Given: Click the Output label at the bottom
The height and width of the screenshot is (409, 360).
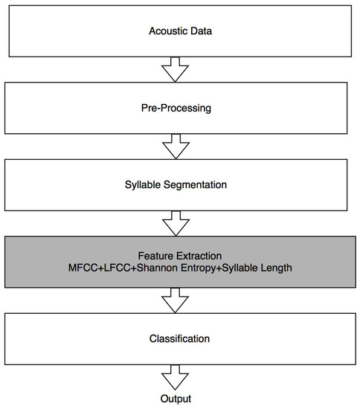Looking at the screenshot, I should [176, 399].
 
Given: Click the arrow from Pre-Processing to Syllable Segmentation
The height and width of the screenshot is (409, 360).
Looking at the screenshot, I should [176, 146].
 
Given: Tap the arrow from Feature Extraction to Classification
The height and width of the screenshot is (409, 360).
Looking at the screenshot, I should [176, 300].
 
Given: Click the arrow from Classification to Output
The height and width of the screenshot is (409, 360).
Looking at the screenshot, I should [176, 378].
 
